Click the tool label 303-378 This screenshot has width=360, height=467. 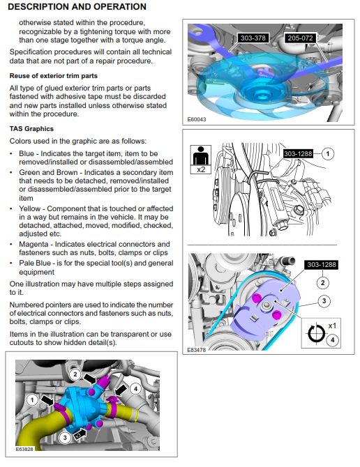(x=253, y=38)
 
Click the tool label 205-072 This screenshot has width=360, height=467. (x=300, y=38)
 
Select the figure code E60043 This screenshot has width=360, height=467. (x=197, y=119)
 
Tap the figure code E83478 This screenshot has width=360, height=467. (x=196, y=350)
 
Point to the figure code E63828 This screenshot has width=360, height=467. (x=24, y=449)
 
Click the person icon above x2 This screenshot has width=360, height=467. (x=201, y=155)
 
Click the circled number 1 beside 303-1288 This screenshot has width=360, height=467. (x=328, y=153)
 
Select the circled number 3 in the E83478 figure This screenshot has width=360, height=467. (x=324, y=301)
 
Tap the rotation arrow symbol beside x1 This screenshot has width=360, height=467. (x=316, y=334)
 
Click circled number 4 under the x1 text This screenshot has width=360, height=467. (x=332, y=340)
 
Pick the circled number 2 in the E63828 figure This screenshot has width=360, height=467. (x=75, y=374)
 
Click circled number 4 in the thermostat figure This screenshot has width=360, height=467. (x=135, y=389)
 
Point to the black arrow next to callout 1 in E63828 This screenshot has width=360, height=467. (x=47, y=401)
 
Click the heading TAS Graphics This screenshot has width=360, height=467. (x=31, y=129)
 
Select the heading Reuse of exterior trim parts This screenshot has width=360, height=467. (x=53, y=76)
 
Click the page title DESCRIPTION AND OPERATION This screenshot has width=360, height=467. (x=77, y=7)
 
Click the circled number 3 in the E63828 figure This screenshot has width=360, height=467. (x=65, y=438)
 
